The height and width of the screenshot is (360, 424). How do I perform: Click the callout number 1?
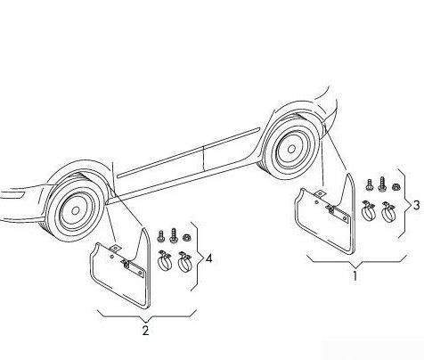pos(355,276)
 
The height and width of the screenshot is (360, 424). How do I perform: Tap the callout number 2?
pos(145,331)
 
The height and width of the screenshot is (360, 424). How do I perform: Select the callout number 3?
pos(417,205)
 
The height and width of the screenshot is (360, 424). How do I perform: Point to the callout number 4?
pos(209,258)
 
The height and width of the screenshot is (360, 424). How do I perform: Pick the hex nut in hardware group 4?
pos(186,238)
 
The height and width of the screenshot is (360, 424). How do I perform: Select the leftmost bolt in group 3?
pos(369,184)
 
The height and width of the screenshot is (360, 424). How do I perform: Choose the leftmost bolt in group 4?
pos(160,235)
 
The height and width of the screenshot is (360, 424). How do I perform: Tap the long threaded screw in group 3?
pos(382,184)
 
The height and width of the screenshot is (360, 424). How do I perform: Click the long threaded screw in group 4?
pos(173,235)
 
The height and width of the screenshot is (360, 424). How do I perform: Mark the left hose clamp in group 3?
pos(369,210)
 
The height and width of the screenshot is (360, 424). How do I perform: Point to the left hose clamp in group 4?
pos(165,260)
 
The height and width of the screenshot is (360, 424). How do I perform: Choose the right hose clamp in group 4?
pos(184,262)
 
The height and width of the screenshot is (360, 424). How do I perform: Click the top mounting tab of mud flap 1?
pos(320,194)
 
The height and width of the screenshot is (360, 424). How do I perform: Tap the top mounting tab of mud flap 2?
pos(115,249)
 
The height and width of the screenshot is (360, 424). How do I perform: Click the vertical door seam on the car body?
pos(203,158)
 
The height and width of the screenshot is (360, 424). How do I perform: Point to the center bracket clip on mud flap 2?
pos(126,263)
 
